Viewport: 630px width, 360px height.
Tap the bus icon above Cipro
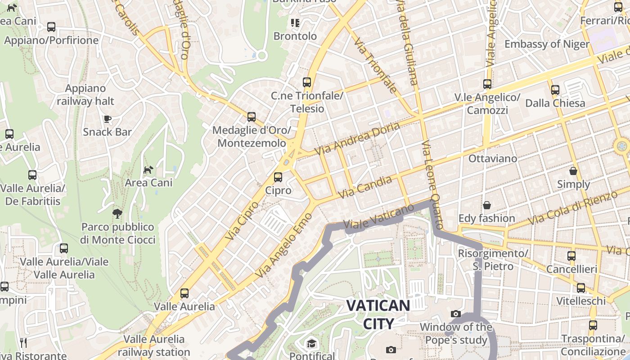tap(278, 177)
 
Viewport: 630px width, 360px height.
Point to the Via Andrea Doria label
tap(357, 139)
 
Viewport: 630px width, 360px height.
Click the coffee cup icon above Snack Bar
tap(107, 119)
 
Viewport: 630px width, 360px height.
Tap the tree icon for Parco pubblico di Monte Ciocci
tap(117, 213)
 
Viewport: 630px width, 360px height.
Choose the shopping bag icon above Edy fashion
tap(486, 205)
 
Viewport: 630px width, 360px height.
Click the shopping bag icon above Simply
tap(573, 171)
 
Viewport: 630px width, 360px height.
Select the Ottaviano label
tap(493, 158)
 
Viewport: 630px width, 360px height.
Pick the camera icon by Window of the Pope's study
tap(456, 314)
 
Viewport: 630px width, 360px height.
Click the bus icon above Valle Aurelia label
tap(184, 293)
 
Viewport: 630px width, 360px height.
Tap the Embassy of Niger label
tap(547, 44)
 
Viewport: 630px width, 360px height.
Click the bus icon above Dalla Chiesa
tap(555, 90)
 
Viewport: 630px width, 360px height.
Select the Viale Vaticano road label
tap(378, 217)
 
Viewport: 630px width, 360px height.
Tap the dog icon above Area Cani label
tap(148, 170)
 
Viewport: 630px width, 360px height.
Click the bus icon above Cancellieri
tap(571, 256)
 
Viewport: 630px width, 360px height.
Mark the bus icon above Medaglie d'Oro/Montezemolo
tap(252, 117)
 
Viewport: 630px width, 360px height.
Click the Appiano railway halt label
tap(85, 95)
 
